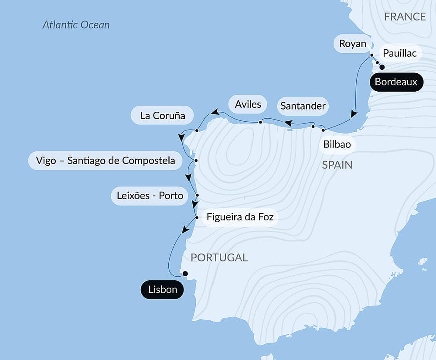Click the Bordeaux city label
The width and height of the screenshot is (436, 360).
(x=396, y=82)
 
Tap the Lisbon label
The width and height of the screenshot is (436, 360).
(x=162, y=290)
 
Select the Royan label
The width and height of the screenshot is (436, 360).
(x=352, y=44)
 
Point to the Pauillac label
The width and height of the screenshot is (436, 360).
(x=399, y=54)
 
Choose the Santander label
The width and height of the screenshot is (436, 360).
(x=303, y=106)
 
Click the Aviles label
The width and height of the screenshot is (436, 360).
(x=248, y=104)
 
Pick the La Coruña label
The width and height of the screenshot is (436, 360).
(x=162, y=116)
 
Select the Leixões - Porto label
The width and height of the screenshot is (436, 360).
(x=150, y=195)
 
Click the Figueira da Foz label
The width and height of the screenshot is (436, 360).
(x=240, y=217)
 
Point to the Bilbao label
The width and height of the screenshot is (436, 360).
(x=337, y=144)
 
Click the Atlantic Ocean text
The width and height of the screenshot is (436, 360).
(x=76, y=25)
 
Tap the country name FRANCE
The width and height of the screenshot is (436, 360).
(x=405, y=17)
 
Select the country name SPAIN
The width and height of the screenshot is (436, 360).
(x=337, y=165)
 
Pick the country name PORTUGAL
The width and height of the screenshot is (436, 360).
(x=219, y=257)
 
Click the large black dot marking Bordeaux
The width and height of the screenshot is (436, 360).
(x=382, y=67)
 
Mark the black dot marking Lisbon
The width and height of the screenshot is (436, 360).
(x=185, y=274)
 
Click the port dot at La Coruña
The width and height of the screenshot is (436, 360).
(x=197, y=130)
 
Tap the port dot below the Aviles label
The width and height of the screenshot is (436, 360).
(x=260, y=122)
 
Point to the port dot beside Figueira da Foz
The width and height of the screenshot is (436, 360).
(x=197, y=217)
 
